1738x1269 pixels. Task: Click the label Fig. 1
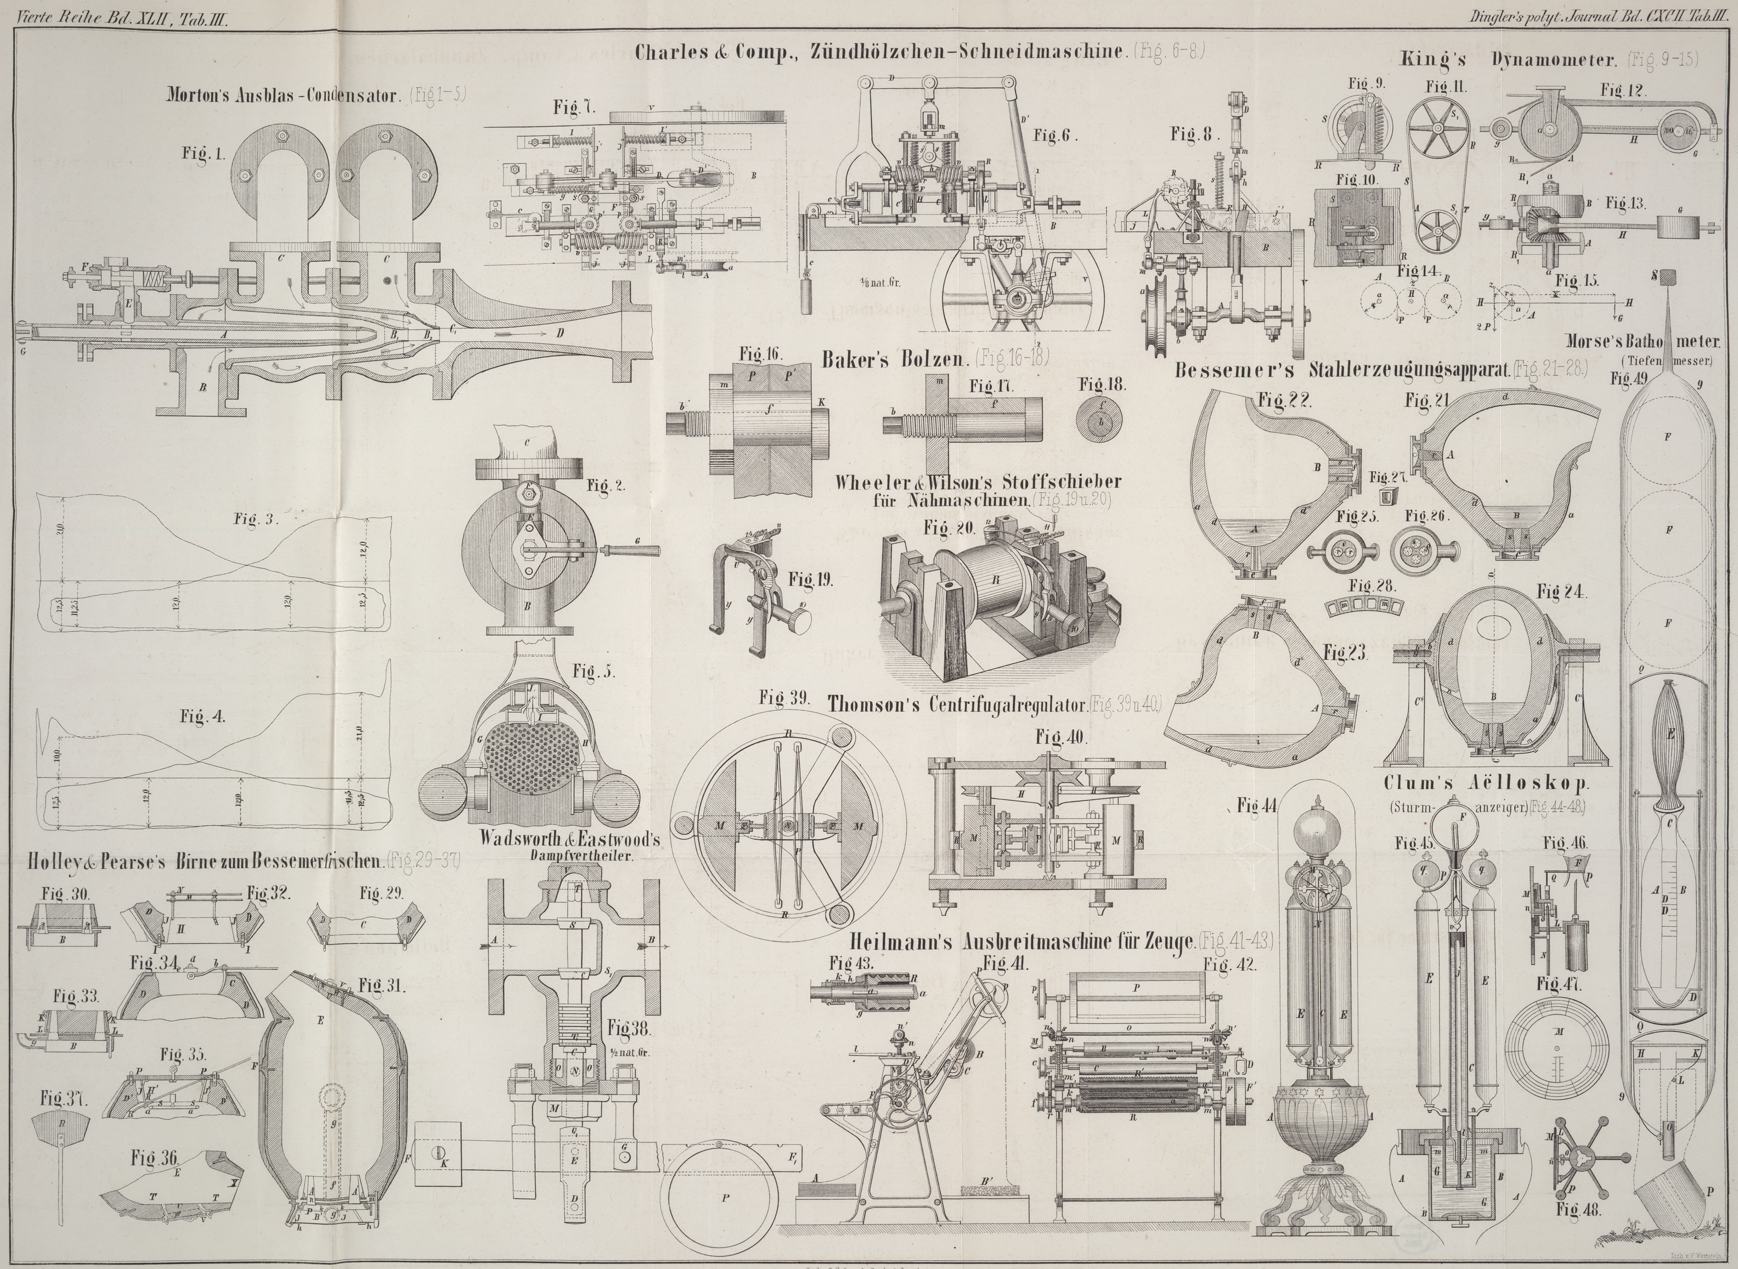pos(204,154)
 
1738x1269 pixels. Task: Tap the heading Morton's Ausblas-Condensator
pos(284,96)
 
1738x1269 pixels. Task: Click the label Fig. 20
pos(949,528)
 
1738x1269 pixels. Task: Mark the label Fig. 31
pos(382,985)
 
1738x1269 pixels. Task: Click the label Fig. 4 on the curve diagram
pos(203,717)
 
